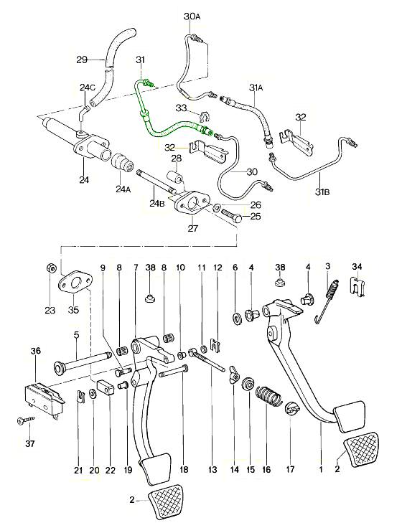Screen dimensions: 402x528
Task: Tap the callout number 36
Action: click(x=36, y=351)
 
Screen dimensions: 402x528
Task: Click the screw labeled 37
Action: click(x=26, y=420)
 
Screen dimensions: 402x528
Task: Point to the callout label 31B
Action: click(x=322, y=192)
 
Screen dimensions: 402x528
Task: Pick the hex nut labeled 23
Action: click(x=50, y=268)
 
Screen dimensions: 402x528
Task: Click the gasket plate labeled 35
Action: click(x=75, y=282)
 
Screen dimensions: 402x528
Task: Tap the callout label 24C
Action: click(x=88, y=88)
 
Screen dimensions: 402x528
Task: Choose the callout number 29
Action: click(x=82, y=60)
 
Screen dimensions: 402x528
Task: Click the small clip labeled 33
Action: click(x=203, y=117)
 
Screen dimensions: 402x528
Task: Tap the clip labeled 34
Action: click(x=358, y=287)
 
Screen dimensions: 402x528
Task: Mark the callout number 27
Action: click(x=192, y=229)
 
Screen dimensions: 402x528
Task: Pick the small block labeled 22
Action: click(x=106, y=387)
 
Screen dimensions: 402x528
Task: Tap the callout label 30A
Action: click(x=192, y=16)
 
